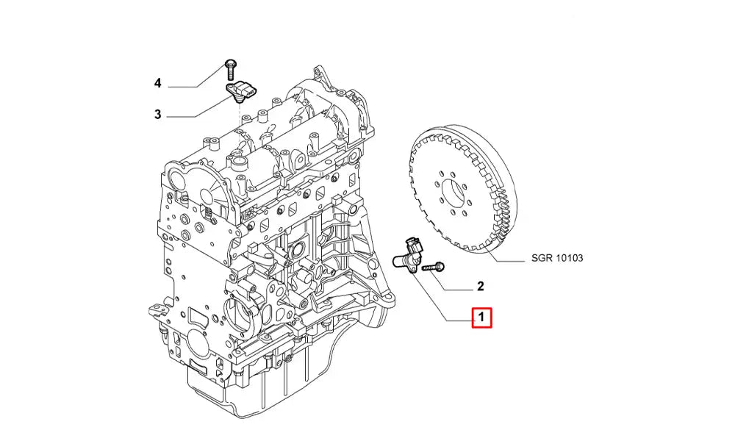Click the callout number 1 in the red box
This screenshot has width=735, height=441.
tap(480, 318)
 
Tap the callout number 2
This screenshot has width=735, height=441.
tap(479, 285)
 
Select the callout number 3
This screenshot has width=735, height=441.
tap(157, 115)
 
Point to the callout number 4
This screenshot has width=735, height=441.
tap(157, 83)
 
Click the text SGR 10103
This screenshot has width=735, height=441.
tap(556, 258)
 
